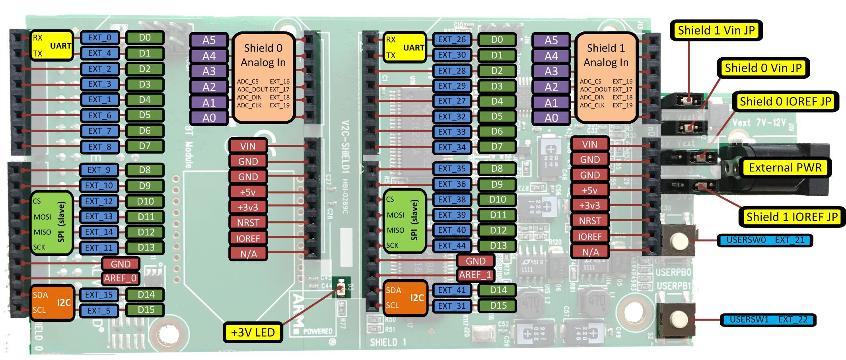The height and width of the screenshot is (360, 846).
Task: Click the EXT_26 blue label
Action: pos(452,39)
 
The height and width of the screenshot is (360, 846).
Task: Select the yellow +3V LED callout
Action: pos(253,332)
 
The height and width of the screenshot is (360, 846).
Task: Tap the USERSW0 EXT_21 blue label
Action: pos(765,240)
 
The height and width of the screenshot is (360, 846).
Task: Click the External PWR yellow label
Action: pos(785,167)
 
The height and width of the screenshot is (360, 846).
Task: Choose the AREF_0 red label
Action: pos(121,278)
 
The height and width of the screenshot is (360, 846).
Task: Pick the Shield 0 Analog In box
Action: pos(263,77)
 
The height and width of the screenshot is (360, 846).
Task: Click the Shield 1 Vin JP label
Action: pos(716,31)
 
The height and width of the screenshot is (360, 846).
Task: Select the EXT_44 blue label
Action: pos(452,245)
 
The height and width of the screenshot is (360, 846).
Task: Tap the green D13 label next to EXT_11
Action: pos(146,247)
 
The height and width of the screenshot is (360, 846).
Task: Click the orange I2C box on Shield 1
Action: pos(405,298)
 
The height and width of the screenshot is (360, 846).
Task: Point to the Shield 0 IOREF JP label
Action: pos(785,101)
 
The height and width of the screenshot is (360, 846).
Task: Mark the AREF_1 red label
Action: pos(475,275)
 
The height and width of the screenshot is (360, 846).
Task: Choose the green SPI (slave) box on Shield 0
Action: pos(52,223)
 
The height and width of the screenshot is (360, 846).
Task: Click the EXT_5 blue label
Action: pos(99,311)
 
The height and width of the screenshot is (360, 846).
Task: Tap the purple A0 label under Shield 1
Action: pos(551,118)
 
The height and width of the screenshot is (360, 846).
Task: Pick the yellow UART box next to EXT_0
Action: pos(52,45)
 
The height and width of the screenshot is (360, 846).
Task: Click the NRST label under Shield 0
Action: pos(248,222)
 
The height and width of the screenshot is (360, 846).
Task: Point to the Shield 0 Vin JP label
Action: pos(762,68)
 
